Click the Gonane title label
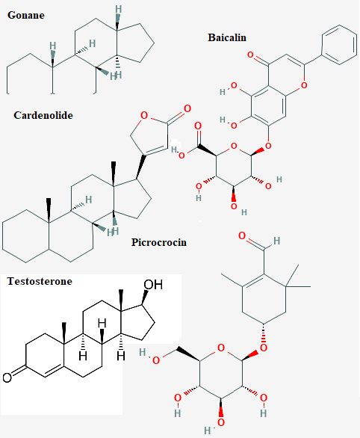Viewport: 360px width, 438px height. point(26,15)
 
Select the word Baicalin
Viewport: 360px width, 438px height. point(227,37)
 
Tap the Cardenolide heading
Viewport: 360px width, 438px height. point(43,115)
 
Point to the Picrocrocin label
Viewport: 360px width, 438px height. point(159,242)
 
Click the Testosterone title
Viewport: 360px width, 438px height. point(40,281)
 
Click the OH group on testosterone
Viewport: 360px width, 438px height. point(153,285)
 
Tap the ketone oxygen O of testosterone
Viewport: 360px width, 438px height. point(7,377)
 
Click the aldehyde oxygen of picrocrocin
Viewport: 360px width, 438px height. point(242,236)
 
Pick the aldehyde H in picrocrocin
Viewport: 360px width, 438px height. point(276,241)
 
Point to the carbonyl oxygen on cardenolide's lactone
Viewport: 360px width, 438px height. point(187,108)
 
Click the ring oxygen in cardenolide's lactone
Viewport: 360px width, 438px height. point(144,115)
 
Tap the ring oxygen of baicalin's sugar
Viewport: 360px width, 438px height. point(234,146)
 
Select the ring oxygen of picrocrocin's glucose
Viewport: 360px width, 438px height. point(221,348)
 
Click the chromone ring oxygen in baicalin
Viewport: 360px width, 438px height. point(304,85)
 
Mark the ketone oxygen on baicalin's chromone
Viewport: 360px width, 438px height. point(251,55)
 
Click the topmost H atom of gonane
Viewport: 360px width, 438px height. point(119,10)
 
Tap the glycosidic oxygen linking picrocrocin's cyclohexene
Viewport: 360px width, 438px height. point(264,348)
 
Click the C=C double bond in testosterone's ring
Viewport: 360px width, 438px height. point(54,371)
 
